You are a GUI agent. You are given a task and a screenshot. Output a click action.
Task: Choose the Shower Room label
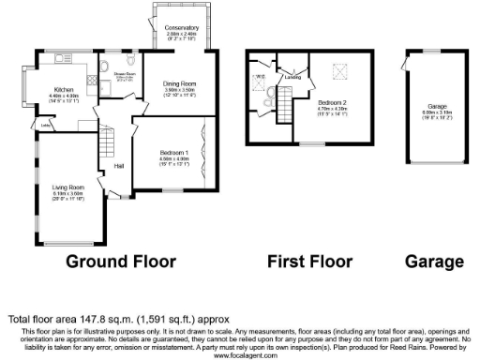[x=125, y=73]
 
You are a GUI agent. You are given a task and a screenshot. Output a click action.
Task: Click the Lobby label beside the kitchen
[x=45, y=123]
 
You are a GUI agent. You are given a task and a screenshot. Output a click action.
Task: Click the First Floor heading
[x=309, y=262]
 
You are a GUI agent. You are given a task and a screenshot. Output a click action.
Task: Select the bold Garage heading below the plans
[x=434, y=262]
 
